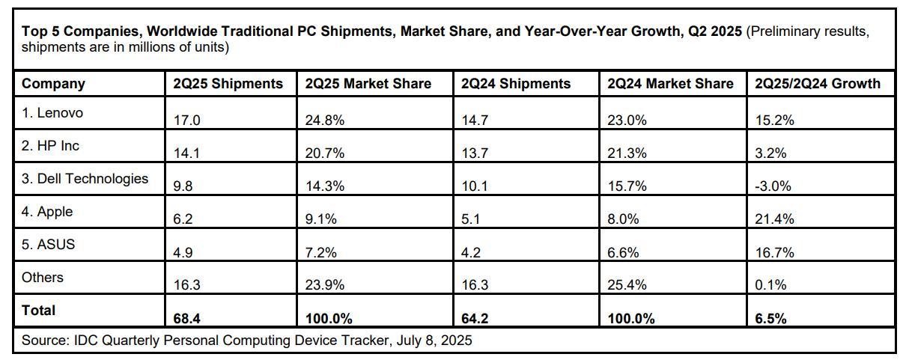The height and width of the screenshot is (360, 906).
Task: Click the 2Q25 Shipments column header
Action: (228, 84)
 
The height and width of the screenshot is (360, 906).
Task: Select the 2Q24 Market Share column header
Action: (670, 84)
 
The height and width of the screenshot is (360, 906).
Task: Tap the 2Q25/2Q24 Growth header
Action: (818, 84)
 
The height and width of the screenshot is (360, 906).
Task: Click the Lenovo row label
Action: (52, 113)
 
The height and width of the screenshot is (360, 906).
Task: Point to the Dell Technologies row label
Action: (85, 179)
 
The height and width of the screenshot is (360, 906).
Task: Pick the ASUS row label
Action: (48, 245)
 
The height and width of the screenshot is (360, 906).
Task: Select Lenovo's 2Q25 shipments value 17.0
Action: (186, 120)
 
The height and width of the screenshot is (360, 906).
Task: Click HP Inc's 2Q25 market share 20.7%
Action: (325, 153)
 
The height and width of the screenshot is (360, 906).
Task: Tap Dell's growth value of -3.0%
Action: (773, 186)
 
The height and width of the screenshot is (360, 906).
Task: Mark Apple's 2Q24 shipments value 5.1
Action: (469, 219)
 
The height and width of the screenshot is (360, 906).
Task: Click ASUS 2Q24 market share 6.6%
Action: (623, 252)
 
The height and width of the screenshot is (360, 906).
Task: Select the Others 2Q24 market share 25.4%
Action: (625, 285)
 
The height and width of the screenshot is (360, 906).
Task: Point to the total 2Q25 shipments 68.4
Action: (186, 318)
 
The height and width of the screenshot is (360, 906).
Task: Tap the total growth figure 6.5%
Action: (771, 318)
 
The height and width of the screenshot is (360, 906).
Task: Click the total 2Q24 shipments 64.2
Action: (475, 318)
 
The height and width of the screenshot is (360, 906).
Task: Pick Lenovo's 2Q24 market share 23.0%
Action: (626, 120)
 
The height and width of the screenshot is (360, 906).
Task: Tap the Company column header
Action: (53, 84)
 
